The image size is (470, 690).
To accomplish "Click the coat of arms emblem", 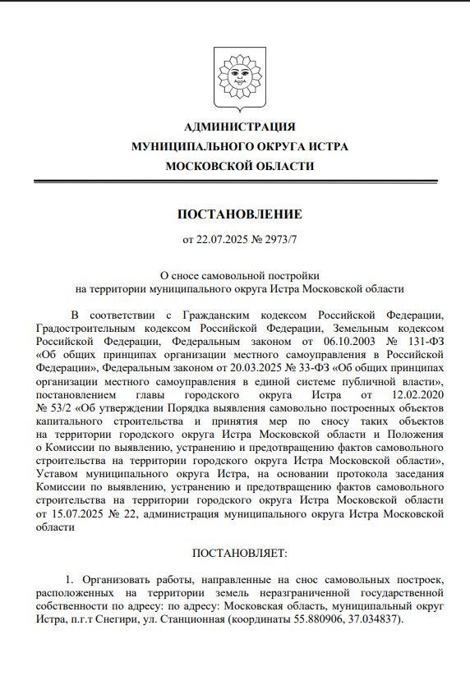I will coord(239,79).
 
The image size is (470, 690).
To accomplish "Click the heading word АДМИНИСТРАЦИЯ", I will coord(239,126).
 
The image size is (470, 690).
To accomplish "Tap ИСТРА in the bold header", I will coord(328,146).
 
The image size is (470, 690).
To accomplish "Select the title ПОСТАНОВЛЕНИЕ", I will coord(239,214).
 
